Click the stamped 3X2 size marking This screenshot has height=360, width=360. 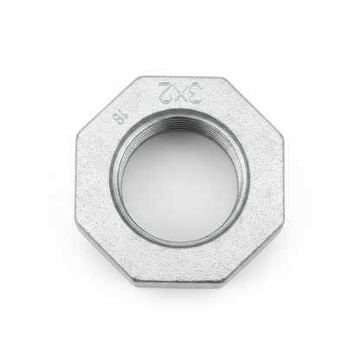coord(180,92)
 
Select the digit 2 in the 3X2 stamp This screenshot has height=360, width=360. coord(165,90)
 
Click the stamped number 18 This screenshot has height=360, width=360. coord(117,118)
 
